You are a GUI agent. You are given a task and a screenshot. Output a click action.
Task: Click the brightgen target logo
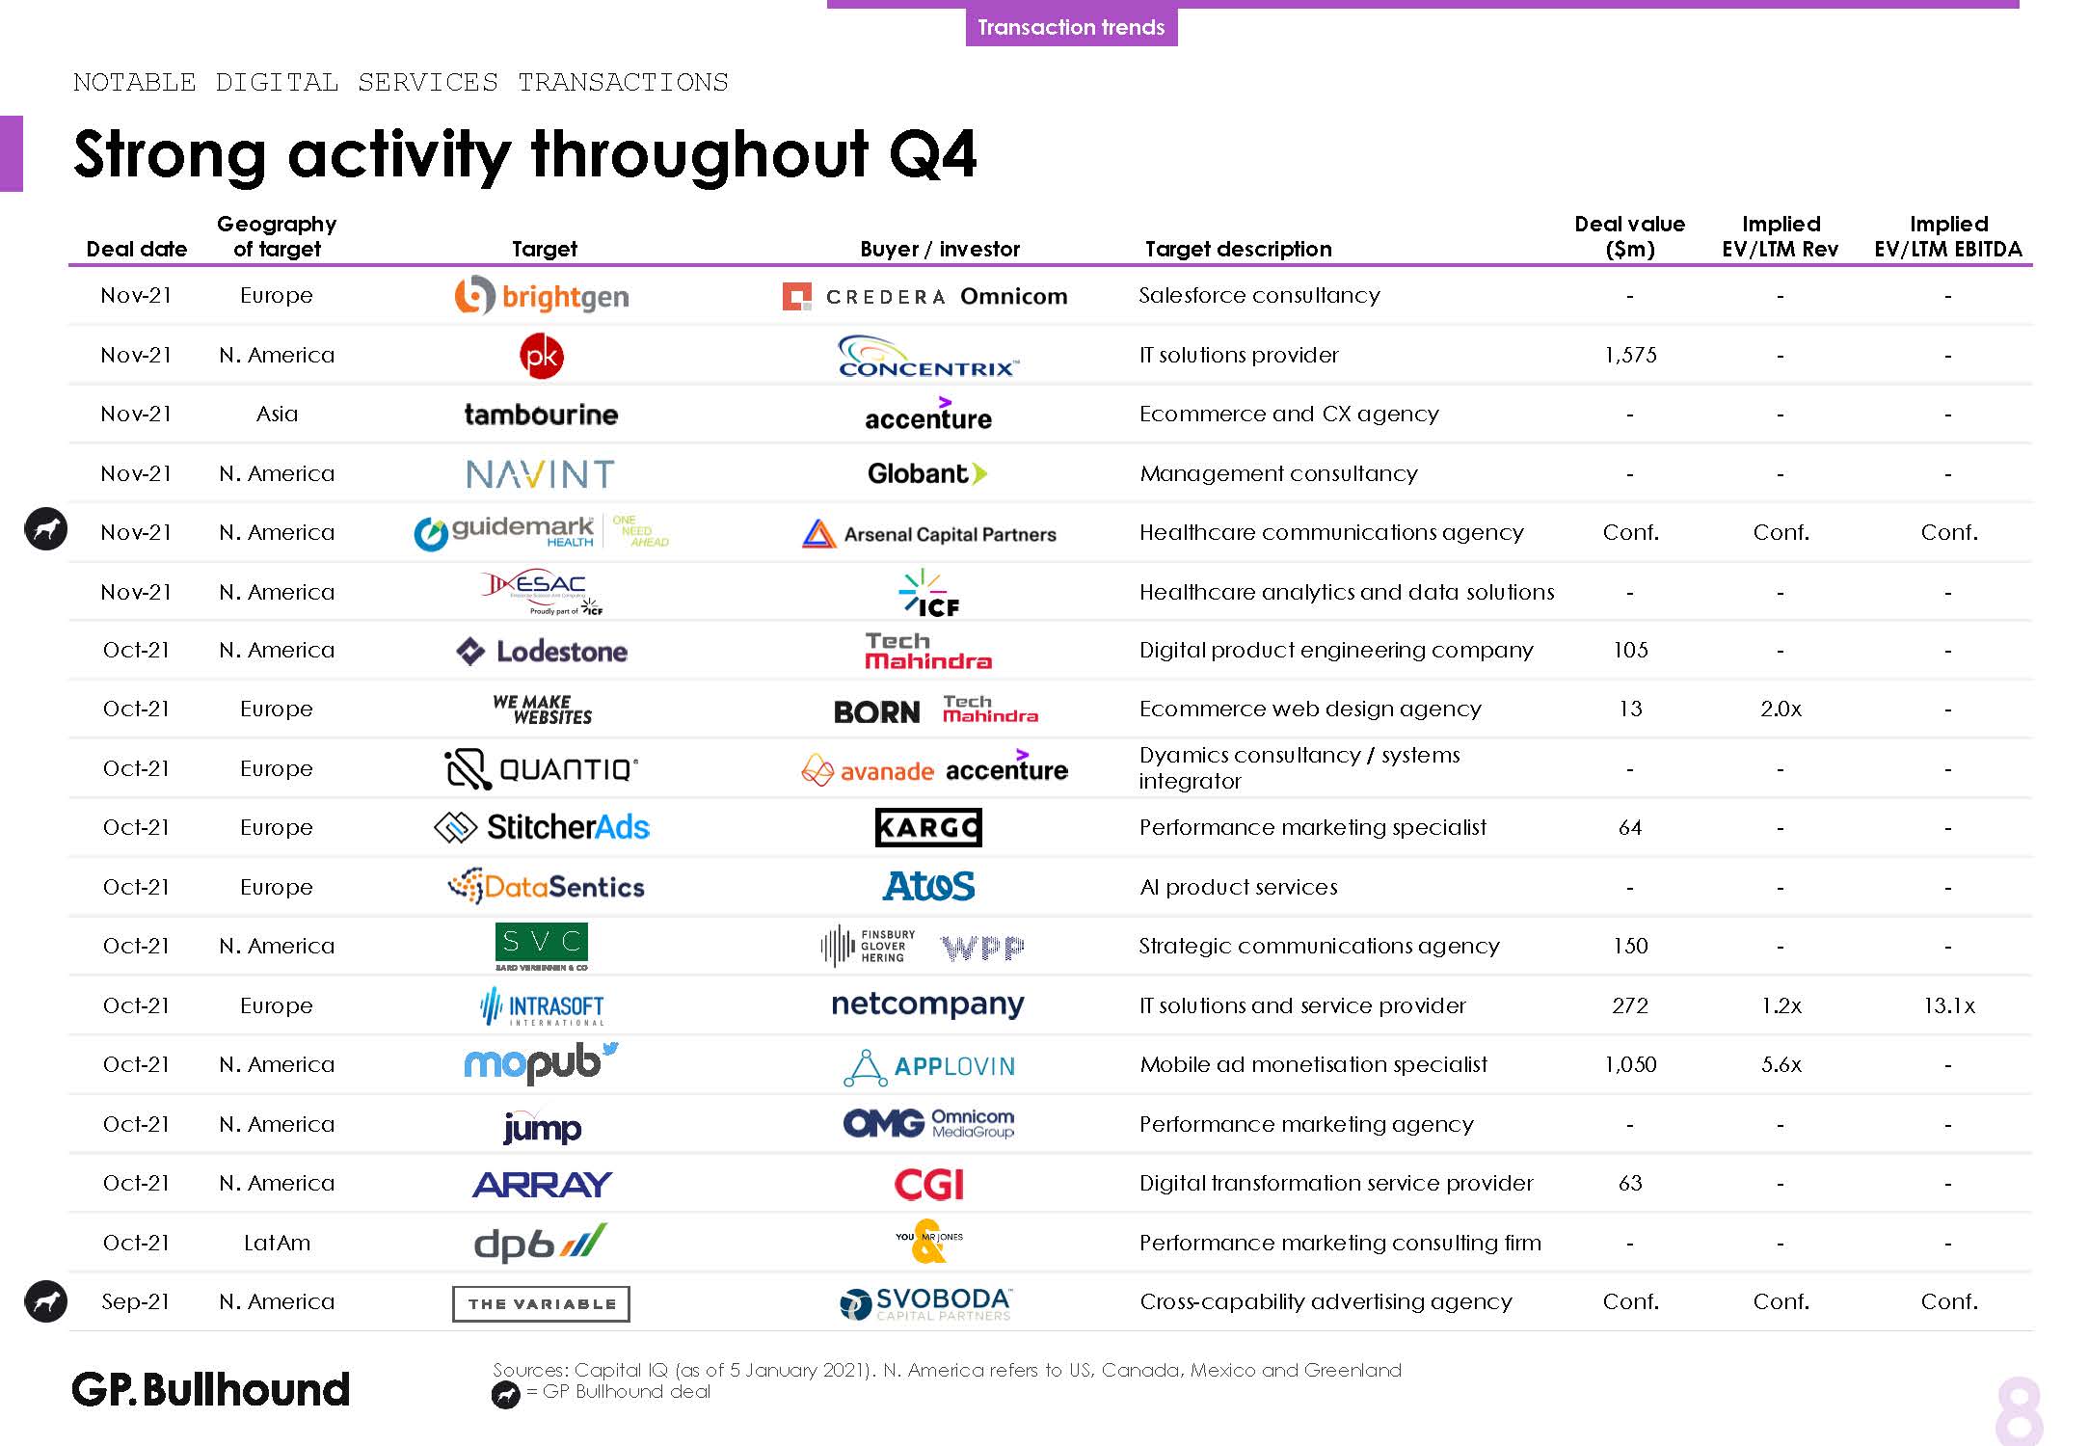pyautogui.click(x=542, y=296)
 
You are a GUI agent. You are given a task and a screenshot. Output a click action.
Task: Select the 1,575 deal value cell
pyautogui.click(x=1630, y=355)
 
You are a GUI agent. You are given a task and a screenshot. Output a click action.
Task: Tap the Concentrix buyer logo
pyautogui.click(x=928, y=356)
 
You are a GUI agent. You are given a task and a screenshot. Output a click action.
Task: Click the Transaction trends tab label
pyautogui.click(x=1071, y=27)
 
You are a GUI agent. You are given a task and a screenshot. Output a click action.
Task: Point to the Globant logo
pyautogui.click(x=927, y=473)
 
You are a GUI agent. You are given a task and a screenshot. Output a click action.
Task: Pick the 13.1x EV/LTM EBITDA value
pyautogui.click(x=1948, y=1005)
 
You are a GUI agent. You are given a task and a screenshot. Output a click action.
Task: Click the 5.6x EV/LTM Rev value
pyautogui.click(x=1781, y=1064)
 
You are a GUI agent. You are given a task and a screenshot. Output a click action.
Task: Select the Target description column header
pyautogui.click(x=1238, y=249)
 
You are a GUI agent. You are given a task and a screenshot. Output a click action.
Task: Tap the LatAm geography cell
pyautogui.click(x=277, y=1243)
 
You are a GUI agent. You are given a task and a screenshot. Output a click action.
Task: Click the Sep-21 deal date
pyautogui.click(x=136, y=1301)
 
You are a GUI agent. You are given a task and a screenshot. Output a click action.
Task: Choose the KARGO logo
pyautogui.click(x=928, y=827)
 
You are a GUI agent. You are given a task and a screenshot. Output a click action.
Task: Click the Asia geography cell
pyautogui.click(x=277, y=414)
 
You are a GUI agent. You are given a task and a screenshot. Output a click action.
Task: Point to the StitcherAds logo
pyautogui.click(x=542, y=827)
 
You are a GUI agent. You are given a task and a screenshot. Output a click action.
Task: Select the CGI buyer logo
pyautogui.click(x=928, y=1184)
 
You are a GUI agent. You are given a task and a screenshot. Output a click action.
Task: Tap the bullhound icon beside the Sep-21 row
pyautogui.click(x=45, y=1301)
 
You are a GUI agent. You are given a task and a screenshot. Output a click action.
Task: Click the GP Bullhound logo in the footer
pyautogui.click(x=211, y=1389)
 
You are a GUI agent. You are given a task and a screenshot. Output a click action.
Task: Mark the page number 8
pyautogui.click(x=2019, y=1412)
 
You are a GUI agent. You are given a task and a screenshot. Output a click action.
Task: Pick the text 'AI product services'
pyautogui.click(x=1238, y=887)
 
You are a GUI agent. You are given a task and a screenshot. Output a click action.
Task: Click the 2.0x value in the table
pyautogui.click(x=1781, y=709)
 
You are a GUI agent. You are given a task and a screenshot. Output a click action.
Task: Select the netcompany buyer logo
pyautogui.click(x=927, y=1004)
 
